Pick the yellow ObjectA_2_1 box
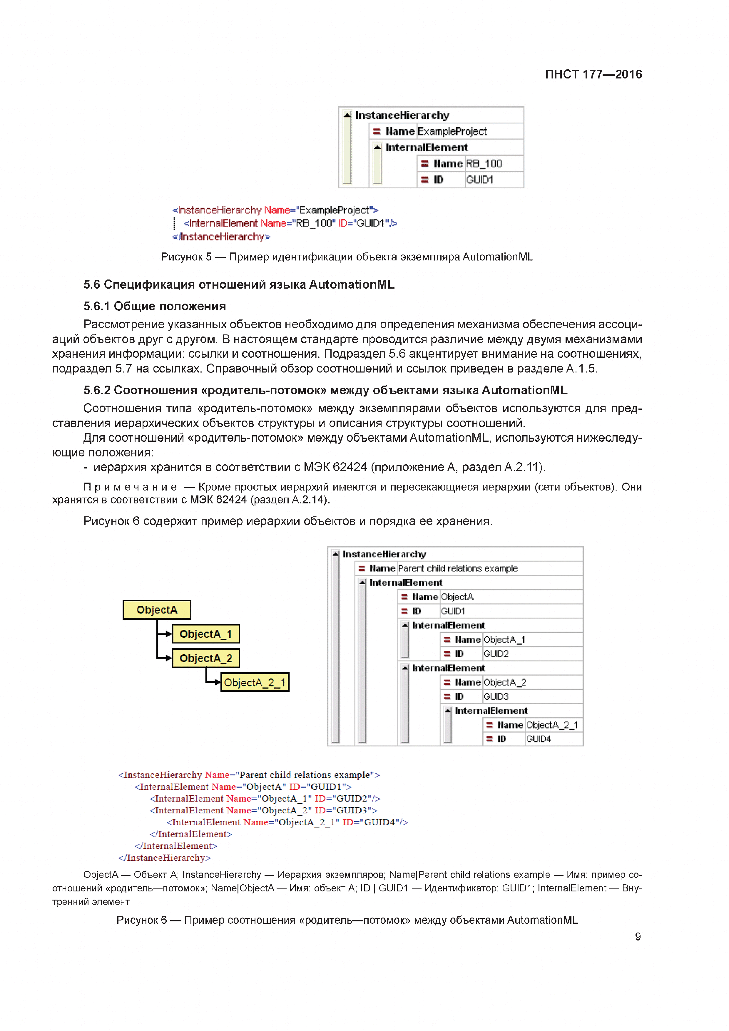coord(255,682)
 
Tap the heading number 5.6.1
coord(97,306)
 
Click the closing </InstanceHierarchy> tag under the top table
coord(221,237)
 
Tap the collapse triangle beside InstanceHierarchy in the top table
coord(347,115)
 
